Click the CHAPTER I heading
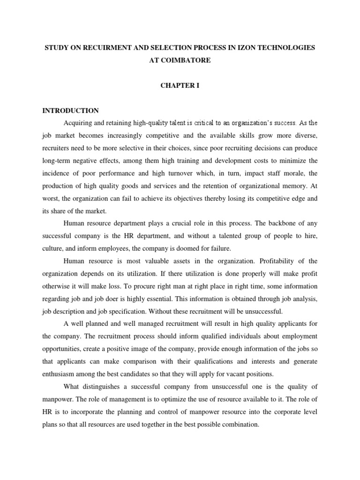(x=180, y=86)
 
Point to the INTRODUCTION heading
(x=71, y=111)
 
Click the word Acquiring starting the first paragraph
(x=78, y=123)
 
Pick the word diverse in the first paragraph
(x=305, y=135)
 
